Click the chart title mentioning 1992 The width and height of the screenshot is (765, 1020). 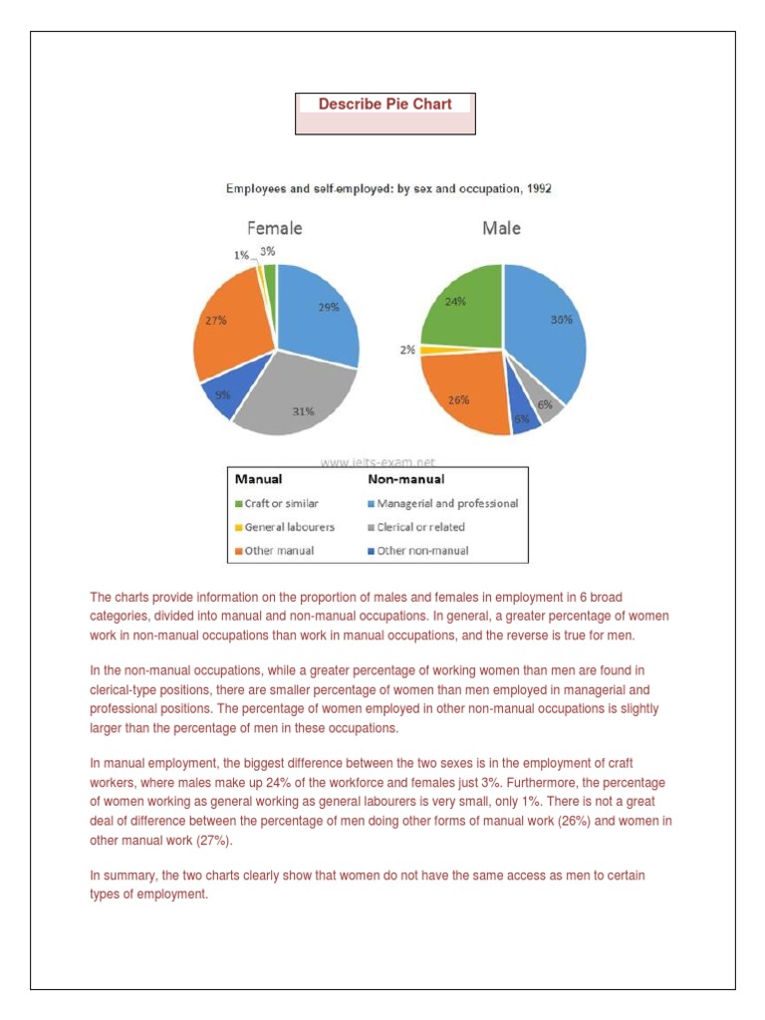coord(389,188)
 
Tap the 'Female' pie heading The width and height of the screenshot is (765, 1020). coord(274,228)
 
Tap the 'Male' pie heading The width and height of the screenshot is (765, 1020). coord(501,228)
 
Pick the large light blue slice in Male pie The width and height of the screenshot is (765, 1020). coord(548,329)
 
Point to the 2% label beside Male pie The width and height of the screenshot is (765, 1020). coord(408,351)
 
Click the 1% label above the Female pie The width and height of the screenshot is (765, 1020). coord(242,255)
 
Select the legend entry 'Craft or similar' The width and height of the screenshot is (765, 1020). coord(275,504)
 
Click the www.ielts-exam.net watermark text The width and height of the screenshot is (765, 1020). coord(378,462)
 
